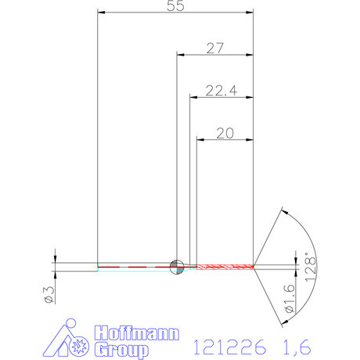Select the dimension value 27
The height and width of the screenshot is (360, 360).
coord(215,48)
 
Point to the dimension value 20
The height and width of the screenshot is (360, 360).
coord(225,133)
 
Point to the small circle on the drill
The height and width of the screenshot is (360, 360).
coord(177,265)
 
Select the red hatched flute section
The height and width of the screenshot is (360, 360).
coord(225,266)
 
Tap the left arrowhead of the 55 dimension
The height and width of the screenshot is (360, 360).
coord(100,13)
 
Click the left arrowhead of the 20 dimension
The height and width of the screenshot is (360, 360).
coord(199,140)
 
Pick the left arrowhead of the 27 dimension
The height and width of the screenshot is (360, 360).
coord(180,55)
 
